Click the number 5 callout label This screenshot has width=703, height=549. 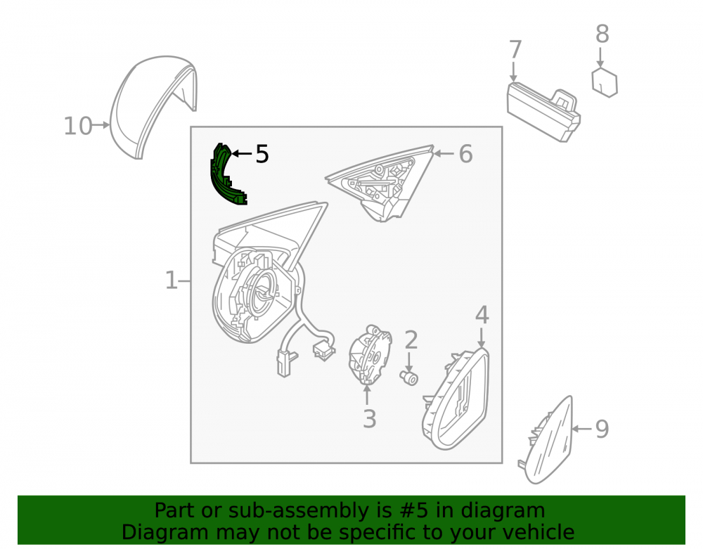tap(262, 154)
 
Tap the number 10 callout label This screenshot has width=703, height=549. tap(78, 126)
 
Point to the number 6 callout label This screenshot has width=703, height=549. tap(466, 154)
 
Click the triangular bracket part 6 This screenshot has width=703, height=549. tap(381, 181)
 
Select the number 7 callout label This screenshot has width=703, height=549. tap(515, 49)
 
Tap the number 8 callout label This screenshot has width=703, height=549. tap(602, 34)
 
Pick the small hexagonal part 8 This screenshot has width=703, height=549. tap(605, 82)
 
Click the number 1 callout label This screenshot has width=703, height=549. tap(172, 280)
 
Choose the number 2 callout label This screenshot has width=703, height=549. tap(411, 340)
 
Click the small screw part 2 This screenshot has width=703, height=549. tap(409, 377)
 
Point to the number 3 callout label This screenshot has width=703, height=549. tap(369, 419)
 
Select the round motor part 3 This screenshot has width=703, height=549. tap(370, 354)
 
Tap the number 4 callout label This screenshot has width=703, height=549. tap(482, 315)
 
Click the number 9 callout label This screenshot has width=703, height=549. tap(602, 429)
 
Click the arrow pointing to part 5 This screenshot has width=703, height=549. tap(241, 154)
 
